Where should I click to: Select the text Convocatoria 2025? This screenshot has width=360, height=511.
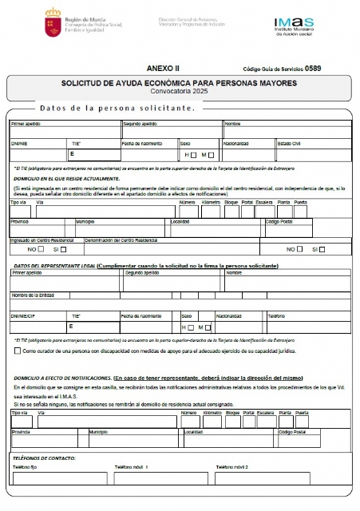click(179, 92)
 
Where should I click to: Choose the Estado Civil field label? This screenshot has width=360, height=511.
click(290, 144)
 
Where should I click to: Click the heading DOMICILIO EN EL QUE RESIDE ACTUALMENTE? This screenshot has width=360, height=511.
click(66, 179)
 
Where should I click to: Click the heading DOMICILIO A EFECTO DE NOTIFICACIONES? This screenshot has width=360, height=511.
click(61, 377)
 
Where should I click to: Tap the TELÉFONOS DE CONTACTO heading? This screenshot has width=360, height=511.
click(44, 458)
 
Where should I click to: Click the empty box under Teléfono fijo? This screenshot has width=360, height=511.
click(60, 478)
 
